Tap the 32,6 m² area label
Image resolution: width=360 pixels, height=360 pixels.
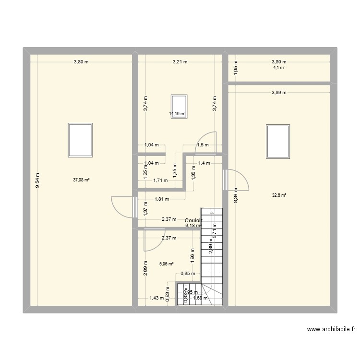coord(279,195)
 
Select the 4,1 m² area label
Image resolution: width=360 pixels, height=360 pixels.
coord(279,68)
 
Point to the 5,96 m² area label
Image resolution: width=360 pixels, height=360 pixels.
coord(166,264)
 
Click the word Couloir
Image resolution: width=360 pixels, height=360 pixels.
coord(193,220)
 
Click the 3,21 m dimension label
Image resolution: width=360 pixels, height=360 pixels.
coord(180,62)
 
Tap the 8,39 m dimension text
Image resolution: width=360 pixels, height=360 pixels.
coord(236,196)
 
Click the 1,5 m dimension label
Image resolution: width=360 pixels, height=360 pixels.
coord(203,145)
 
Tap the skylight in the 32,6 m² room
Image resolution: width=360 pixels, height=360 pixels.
coord(278,142)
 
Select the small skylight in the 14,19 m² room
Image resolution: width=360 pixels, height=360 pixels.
coord(179,106)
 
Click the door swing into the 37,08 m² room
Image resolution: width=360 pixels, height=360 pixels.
coord(122,207)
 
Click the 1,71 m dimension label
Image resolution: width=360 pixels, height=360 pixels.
coord(160,180)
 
